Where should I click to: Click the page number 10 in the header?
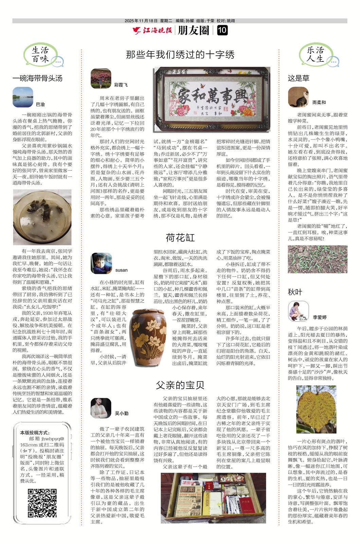222,31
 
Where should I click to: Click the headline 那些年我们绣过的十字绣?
180,54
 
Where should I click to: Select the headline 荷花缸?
180,238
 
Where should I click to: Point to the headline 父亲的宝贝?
180,385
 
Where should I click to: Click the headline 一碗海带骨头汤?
37,78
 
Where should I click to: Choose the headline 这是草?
299,78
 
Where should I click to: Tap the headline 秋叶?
295,292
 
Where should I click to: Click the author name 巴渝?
40,104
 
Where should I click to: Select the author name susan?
121,270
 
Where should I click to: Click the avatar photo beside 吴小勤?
101,408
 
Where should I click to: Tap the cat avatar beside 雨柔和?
298,97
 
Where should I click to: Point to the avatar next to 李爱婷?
298,311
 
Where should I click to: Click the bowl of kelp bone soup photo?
42,217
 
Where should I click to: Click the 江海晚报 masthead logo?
153,31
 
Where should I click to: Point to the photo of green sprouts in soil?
318,259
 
